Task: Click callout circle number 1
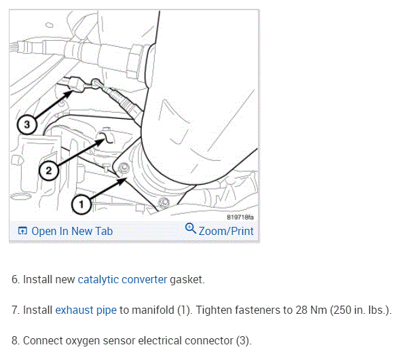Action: [x=81, y=203]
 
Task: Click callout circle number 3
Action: [x=26, y=124]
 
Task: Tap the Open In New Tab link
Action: [x=72, y=231]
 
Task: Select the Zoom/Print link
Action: [x=226, y=231]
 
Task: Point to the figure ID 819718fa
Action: [x=240, y=217]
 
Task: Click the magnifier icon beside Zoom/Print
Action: [x=190, y=230]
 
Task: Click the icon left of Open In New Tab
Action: [x=22, y=231]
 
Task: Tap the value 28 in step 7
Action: [x=281, y=310]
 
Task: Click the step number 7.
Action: [x=15, y=310]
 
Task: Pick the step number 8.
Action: [x=15, y=340]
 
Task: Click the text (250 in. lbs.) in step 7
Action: [x=353, y=310]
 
